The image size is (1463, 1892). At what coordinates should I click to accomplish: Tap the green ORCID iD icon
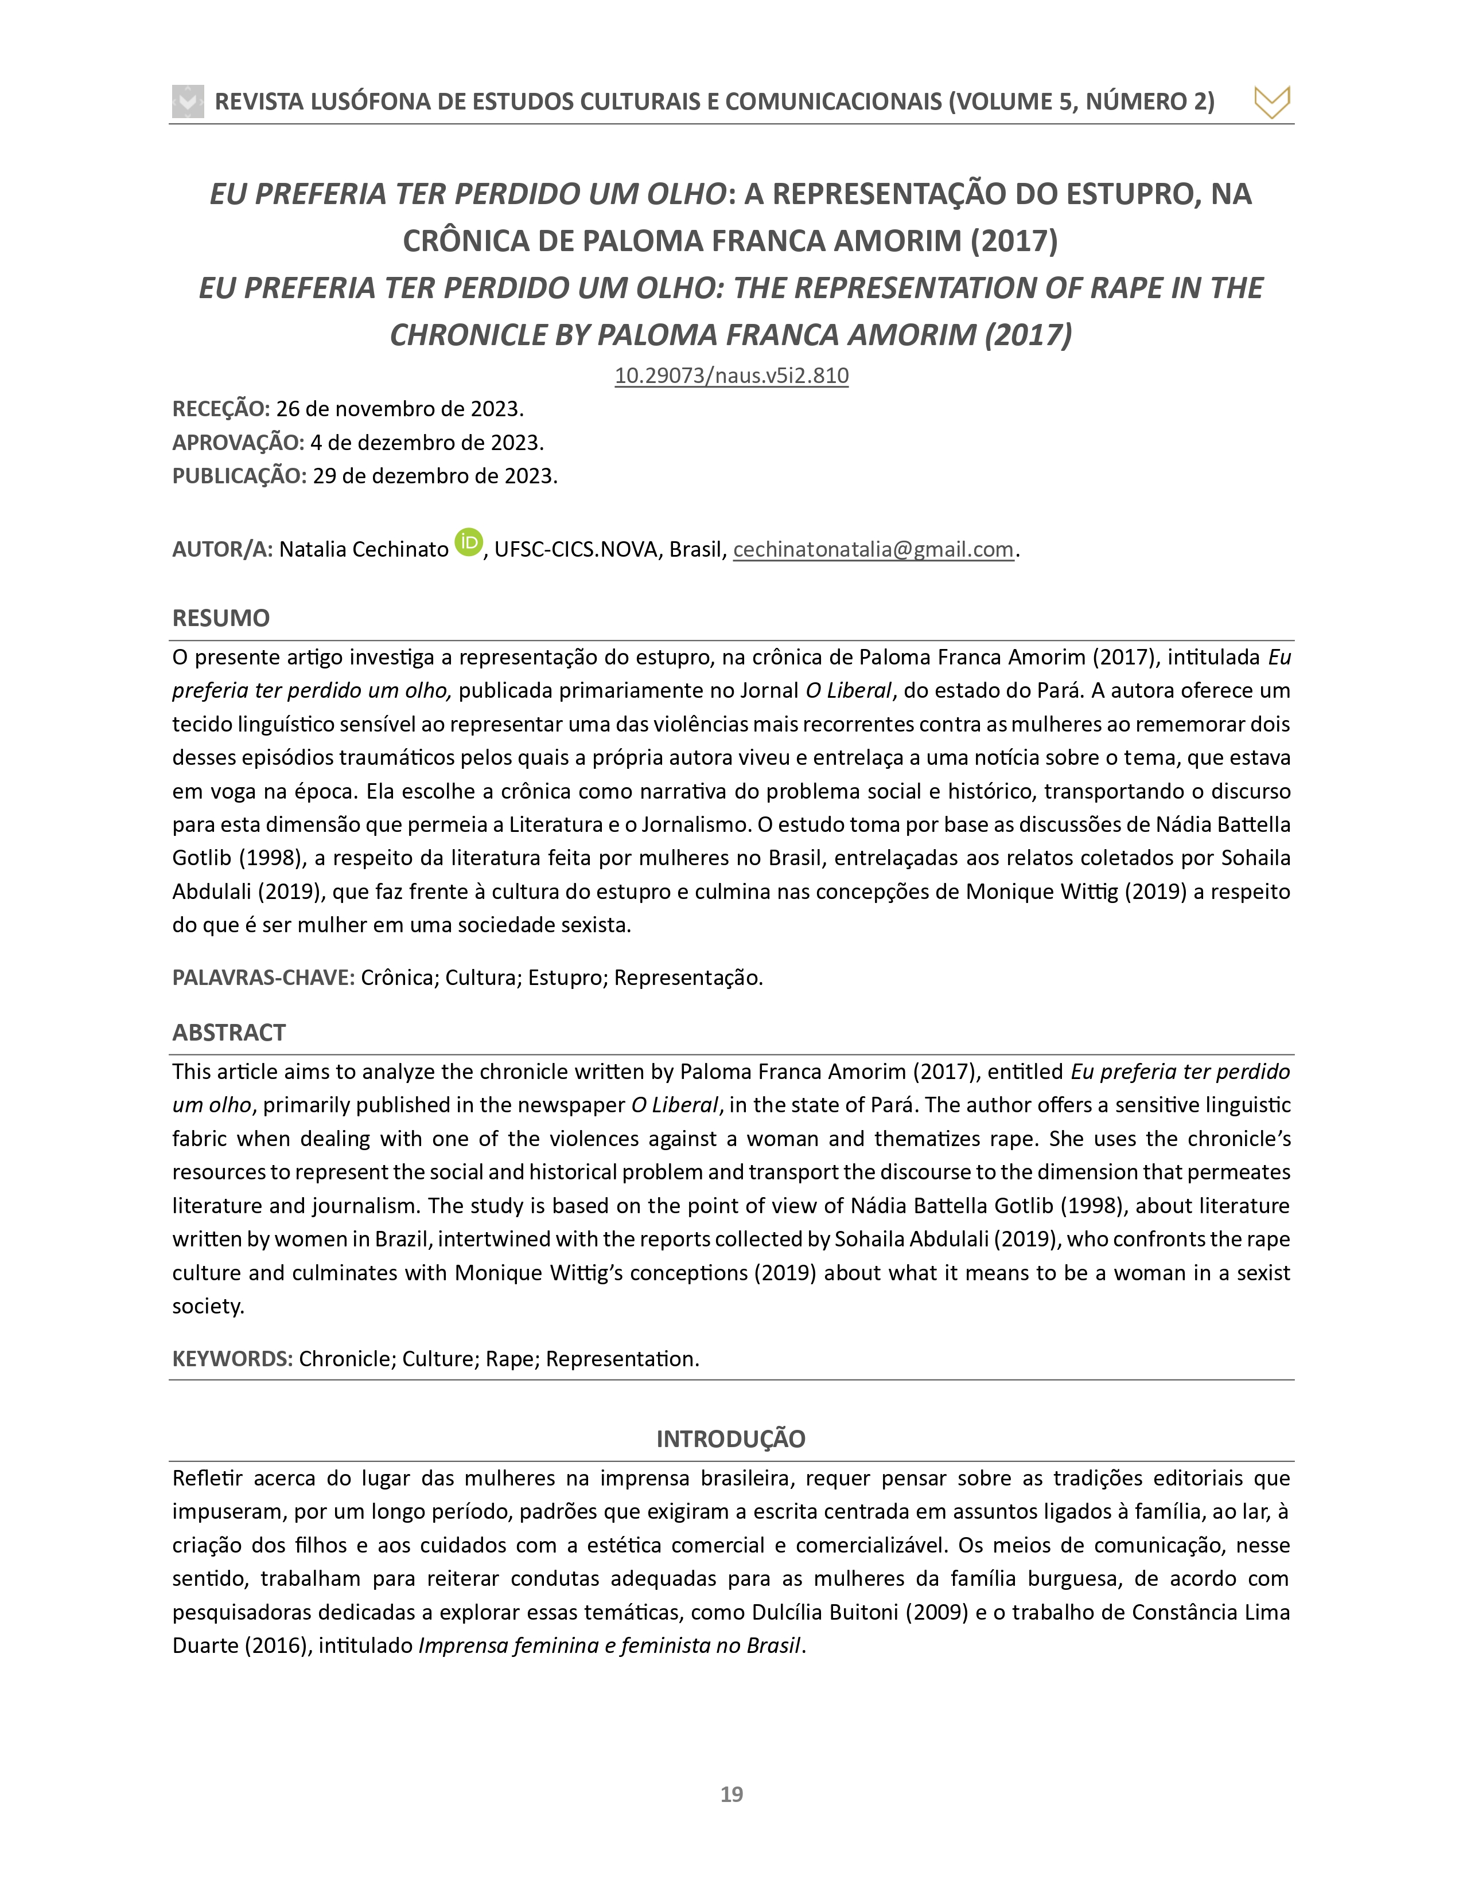pos(468,542)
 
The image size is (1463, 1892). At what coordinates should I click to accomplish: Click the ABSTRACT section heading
pos(229,1032)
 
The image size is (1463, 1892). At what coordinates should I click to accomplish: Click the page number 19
pos(731,1794)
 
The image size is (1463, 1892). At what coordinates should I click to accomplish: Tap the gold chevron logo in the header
pos(1271,102)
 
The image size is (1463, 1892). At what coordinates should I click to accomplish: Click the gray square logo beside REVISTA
pos(188,101)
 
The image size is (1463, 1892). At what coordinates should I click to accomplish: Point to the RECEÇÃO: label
pos(221,408)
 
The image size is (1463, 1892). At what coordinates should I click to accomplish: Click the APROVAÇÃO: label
pos(238,442)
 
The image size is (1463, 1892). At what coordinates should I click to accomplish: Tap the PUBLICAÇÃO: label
pos(239,476)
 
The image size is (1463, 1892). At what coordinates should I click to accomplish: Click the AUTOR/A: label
pos(223,549)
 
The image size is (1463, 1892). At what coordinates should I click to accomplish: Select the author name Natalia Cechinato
pos(363,549)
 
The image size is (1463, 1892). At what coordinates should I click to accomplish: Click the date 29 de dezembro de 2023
pos(433,476)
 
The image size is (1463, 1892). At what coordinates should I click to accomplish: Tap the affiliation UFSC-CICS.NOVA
pos(575,549)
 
